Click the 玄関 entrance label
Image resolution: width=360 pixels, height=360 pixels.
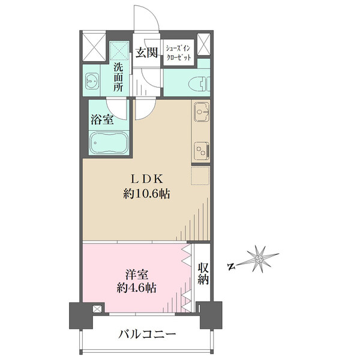(x=146, y=53)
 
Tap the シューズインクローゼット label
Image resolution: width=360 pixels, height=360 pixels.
(x=178, y=53)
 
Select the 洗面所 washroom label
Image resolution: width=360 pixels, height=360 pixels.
(x=118, y=77)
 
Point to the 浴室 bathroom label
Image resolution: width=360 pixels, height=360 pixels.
(x=102, y=119)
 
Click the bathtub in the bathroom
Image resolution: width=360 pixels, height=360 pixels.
(x=109, y=143)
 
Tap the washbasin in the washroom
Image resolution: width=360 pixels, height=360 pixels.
(x=92, y=81)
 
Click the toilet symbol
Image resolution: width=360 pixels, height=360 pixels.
(x=199, y=84)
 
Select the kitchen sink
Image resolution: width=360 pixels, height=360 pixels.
(x=202, y=112)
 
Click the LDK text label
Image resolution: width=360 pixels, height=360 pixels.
(x=147, y=179)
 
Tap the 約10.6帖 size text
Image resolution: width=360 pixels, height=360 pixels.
(x=147, y=194)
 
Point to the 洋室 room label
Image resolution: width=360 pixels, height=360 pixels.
(x=137, y=275)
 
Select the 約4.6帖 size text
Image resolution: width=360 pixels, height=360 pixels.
(x=137, y=287)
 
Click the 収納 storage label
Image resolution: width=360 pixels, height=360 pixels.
(x=203, y=274)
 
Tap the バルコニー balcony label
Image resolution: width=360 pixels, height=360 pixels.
(x=147, y=334)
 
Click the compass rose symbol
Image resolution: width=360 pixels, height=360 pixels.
(x=259, y=259)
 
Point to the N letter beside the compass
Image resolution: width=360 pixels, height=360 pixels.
(x=232, y=266)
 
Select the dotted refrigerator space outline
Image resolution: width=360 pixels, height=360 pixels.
(x=200, y=176)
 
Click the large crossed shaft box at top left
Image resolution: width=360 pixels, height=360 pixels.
(x=94, y=47)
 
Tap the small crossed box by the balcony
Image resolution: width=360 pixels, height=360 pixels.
(x=97, y=309)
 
